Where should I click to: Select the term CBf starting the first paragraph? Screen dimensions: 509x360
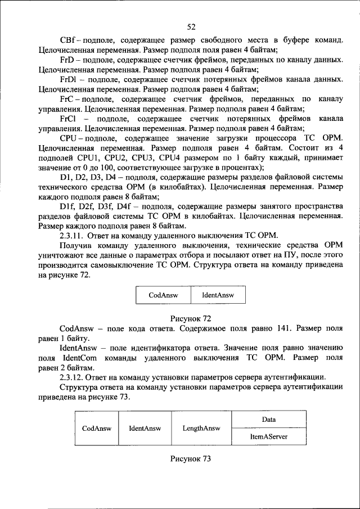click(68, 40)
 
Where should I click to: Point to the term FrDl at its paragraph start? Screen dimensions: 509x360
click(69, 79)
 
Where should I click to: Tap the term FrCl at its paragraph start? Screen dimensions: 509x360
click(69, 119)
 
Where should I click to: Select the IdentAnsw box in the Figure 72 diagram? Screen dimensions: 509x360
click(217, 295)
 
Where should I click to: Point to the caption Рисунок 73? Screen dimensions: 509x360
click(191, 459)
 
